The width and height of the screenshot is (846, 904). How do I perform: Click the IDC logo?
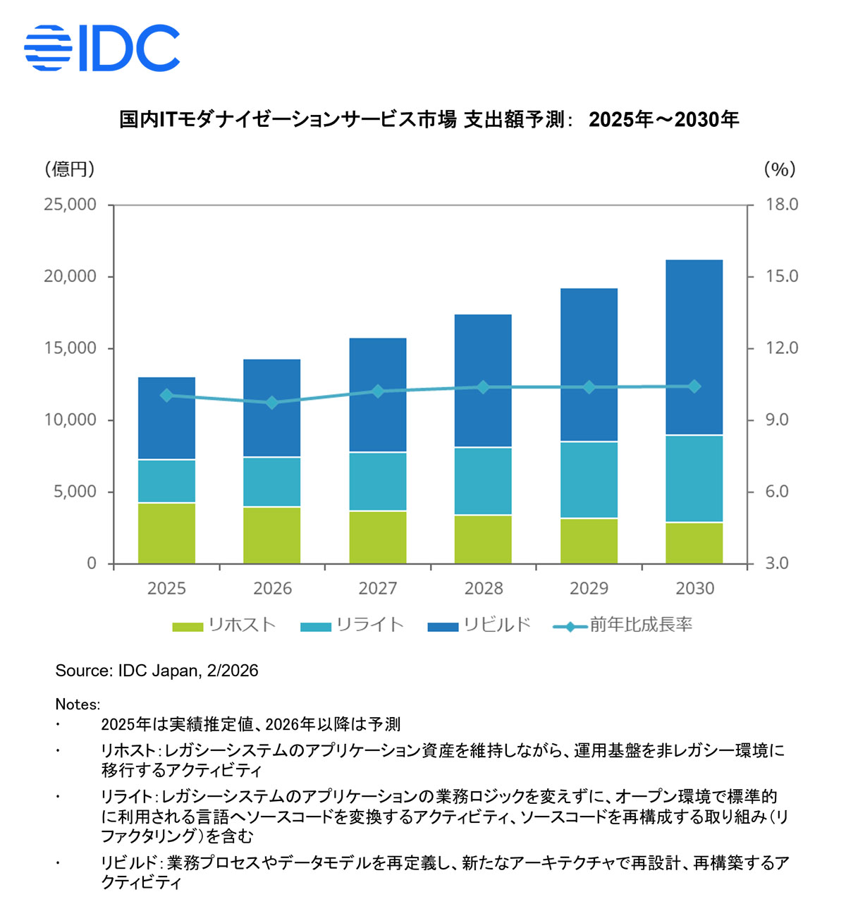[102, 48]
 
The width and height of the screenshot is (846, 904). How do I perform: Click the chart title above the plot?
[429, 119]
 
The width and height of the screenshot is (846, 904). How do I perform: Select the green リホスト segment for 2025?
[166, 533]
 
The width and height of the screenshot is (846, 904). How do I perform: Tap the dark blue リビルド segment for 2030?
[694, 347]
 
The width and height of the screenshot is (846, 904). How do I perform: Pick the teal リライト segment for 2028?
[483, 481]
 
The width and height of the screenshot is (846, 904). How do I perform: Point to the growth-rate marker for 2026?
[272, 403]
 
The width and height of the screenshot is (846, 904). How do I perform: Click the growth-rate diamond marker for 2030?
[694, 386]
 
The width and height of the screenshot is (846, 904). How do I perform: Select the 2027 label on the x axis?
[378, 588]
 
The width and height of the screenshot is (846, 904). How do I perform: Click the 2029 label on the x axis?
[589, 588]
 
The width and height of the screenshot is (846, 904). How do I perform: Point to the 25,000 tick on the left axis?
[70, 204]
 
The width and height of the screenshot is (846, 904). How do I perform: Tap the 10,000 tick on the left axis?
[70, 420]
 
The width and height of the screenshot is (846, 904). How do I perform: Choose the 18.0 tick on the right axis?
[782, 204]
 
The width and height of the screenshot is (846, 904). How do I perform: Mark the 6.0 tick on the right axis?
[777, 492]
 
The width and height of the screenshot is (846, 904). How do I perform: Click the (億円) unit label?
[69, 169]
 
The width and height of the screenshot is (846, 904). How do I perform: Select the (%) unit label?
[779, 169]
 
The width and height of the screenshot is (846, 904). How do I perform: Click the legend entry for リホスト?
[224, 625]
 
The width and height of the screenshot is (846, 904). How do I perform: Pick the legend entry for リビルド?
[479, 625]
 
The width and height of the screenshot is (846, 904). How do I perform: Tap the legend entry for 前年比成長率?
[623, 625]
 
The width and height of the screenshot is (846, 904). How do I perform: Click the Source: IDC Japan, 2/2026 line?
[157, 671]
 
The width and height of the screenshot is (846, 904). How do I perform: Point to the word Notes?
[78, 704]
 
